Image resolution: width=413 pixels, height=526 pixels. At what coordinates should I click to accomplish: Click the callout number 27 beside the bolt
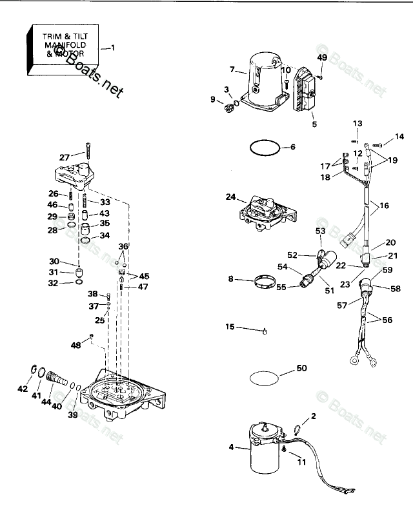click(x=64, y=157)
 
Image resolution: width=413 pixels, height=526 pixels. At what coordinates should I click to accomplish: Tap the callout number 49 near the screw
click(x=322, y=57)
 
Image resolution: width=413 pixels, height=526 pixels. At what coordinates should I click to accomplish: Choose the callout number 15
click(x=230, y=327)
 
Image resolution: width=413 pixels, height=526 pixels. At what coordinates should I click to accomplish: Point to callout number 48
click(x=76, y=346)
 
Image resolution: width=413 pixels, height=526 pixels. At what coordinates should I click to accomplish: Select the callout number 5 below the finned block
click(x=314, y=124)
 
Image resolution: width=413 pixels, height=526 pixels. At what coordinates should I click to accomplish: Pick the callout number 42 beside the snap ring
click(x=23, y=389)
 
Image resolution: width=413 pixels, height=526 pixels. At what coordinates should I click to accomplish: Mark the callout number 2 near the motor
click(x=314, y=416)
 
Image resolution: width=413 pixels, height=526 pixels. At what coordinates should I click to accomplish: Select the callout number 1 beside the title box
click(x=114, y=48)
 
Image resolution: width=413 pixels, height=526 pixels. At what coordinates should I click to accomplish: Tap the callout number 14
click(x=399, y=137)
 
